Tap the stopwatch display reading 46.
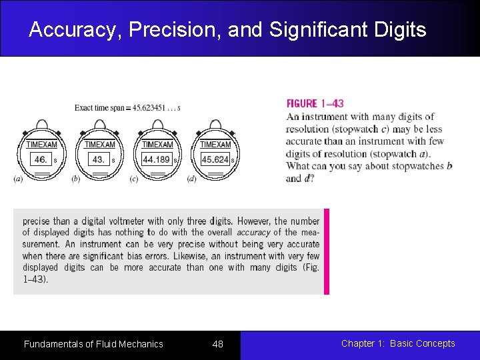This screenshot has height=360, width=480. click(x=41, y=160)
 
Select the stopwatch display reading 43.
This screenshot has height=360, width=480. click(x=99, y=160)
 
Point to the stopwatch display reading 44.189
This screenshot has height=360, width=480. click(x=157, y=160)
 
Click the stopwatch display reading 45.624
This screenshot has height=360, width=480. click(x=215, y=160)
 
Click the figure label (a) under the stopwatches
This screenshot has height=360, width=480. click(x=17, y=179)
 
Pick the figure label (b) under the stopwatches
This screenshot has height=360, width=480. click(x=75, y=179)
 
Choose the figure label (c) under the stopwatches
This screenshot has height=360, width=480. click(x=133, y=179)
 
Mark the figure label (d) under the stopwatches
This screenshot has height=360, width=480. click(x=191, y=179)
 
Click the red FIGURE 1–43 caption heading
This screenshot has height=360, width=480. click(x=315, y=103)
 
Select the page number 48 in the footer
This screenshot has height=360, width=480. click(x=217, y=344)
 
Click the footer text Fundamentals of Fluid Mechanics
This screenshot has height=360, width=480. click(x=93, y=344)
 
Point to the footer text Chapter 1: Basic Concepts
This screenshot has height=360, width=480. click(x=398, y=343)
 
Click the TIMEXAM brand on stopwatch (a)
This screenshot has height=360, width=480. click(x=41, y=145)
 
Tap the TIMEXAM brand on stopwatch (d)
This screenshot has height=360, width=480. click(x=215, y=145)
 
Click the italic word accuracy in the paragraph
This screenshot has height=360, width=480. click(x=253, y=233)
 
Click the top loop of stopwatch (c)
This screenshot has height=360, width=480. click(x=157, y=125)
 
